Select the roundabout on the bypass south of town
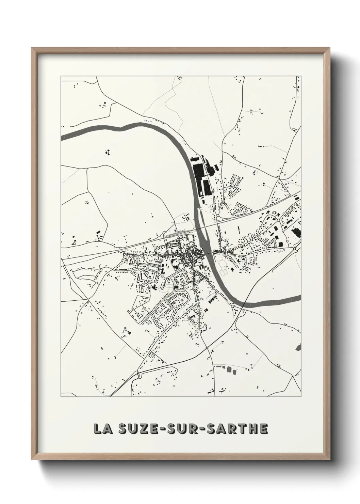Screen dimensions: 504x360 (207, 348)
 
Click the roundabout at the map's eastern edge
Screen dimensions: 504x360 (295, 249)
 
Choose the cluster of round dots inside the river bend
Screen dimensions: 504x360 (108, 152)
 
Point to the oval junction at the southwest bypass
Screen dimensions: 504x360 (138, 374)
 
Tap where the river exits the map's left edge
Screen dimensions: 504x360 (62, 138)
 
